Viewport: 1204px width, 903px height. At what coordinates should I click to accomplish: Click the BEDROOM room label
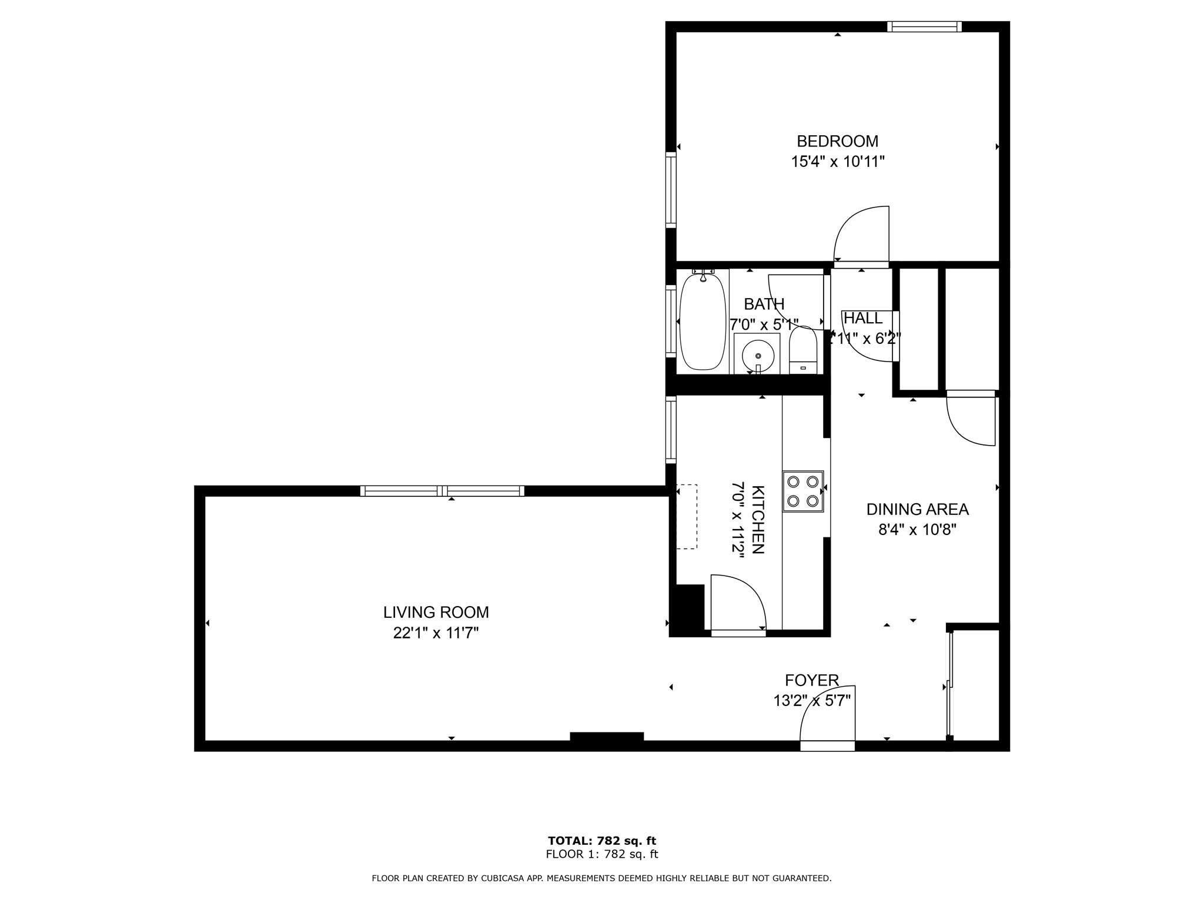(x=837, y=141)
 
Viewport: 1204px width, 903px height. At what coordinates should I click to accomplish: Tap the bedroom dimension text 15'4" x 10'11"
(x=837, y=162)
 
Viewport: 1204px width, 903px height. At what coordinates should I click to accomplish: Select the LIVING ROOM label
(x=436, y=612)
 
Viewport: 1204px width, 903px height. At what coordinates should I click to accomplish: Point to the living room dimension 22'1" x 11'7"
(x=436, y=633)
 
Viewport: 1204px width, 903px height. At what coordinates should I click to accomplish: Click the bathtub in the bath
(x=702, y=321)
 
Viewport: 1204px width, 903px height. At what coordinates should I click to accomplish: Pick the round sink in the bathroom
(x=758, y=355)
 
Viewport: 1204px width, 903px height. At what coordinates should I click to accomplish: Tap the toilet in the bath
(x=803, y=350)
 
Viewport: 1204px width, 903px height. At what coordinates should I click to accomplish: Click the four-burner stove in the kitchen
(x=803, y=491)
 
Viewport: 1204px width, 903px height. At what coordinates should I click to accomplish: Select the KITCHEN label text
(x=758, y=520)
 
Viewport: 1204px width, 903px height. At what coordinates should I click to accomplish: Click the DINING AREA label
(x=917, y=509)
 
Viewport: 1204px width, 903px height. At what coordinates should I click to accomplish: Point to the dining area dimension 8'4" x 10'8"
(x=917, y=530)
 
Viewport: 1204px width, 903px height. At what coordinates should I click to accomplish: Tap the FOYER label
(x=812, y=680)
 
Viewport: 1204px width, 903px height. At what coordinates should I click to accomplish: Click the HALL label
(x=863, y=318)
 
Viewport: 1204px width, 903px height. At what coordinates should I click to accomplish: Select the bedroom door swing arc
(x=850, y=222)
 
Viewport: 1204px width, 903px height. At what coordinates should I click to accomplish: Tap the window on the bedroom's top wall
(x=924, y=26)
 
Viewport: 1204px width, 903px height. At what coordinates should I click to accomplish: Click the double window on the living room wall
(x=442, y=491)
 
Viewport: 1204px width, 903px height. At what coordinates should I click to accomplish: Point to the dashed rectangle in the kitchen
(x=686, y=517)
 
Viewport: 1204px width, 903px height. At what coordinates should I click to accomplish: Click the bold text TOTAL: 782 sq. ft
(x=602, y=841)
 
